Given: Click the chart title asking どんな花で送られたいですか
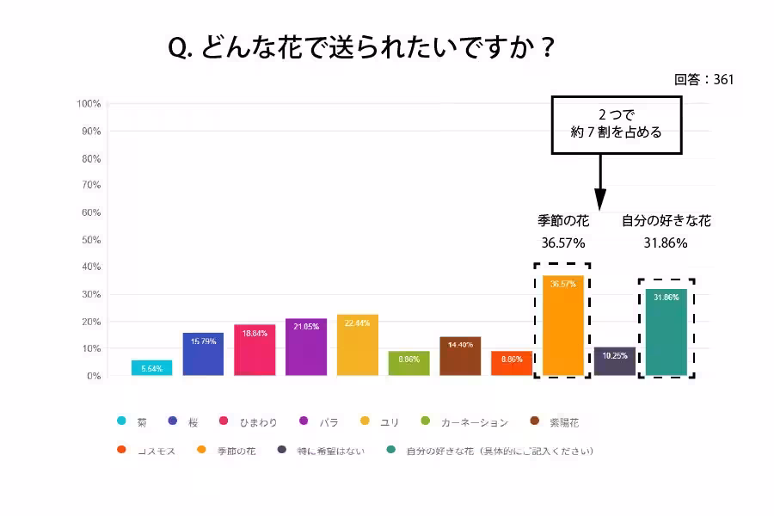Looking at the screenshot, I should pos(362,48).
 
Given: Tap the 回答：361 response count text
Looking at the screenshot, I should pos(703,79).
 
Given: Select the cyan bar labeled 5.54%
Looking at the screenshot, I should pos(151,367).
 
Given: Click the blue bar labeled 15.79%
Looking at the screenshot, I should pos(203,353).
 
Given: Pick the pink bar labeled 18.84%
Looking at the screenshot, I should pos(255,350).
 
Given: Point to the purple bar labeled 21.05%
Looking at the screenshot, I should pos(306,347).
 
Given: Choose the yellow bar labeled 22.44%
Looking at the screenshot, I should pos(358,345).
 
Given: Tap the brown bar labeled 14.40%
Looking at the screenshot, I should pos(460,356).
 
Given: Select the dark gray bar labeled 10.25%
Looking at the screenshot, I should pos(614,361).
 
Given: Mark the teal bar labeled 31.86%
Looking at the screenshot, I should pos(666,332).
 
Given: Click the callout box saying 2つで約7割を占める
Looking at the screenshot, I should pos(616,125).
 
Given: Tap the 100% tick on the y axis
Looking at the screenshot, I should pos(89,104).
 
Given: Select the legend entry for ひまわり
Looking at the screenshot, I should pos(249,421).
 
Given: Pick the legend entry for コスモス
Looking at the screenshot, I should pos(146,450).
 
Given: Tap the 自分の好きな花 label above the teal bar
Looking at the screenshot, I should pos(666,221).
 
